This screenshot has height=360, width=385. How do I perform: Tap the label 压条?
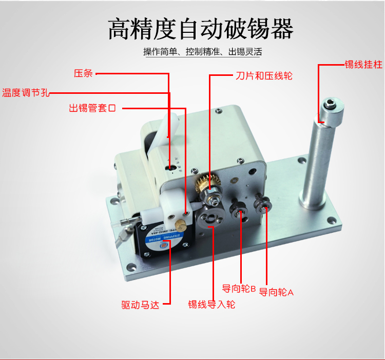click(x=83, y=73)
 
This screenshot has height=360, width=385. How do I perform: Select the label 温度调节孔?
click(x=25, y=93)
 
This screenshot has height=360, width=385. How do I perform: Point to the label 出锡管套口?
click(x=93, y=108)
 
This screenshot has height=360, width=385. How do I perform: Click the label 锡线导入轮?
click(x=211, y=304)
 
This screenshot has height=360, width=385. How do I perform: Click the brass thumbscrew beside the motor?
click(x=180, y=225)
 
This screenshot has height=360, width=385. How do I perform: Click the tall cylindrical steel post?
click(x=317, y=164)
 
